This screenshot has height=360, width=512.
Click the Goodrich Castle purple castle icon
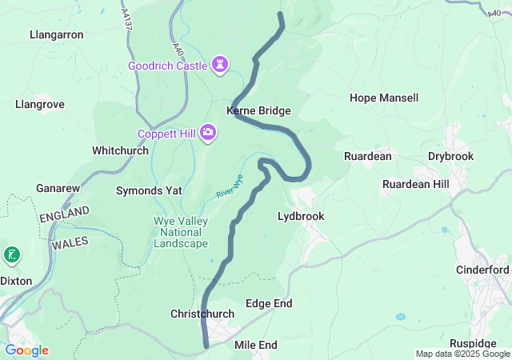(x=221, y=64)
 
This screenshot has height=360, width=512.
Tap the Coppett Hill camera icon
(x=208, y=131)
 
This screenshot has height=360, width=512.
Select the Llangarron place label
(x=56, y=35)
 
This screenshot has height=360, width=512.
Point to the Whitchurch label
(x=120, y=150)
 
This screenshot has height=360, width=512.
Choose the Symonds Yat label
(x=149, y=191)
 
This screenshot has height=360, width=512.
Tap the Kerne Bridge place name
(x=258, y=111)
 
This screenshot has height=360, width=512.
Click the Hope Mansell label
(x=384, y=98)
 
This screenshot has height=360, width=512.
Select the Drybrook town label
(x=450, y=156)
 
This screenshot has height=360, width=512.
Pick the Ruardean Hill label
(x=416, y=184)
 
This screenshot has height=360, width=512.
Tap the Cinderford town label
(x=482, y=270)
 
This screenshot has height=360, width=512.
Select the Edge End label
(x=269, y=304)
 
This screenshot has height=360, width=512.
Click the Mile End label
(x=256, y=345)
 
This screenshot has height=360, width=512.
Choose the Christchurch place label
(x=202, y=314)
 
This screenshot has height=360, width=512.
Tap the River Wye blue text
(x=229, y=187)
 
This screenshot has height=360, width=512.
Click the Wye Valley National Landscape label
(x=180, y=232)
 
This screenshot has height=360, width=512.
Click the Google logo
(x=26, y=350)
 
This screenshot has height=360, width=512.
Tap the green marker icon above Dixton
(x=12, y=256)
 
